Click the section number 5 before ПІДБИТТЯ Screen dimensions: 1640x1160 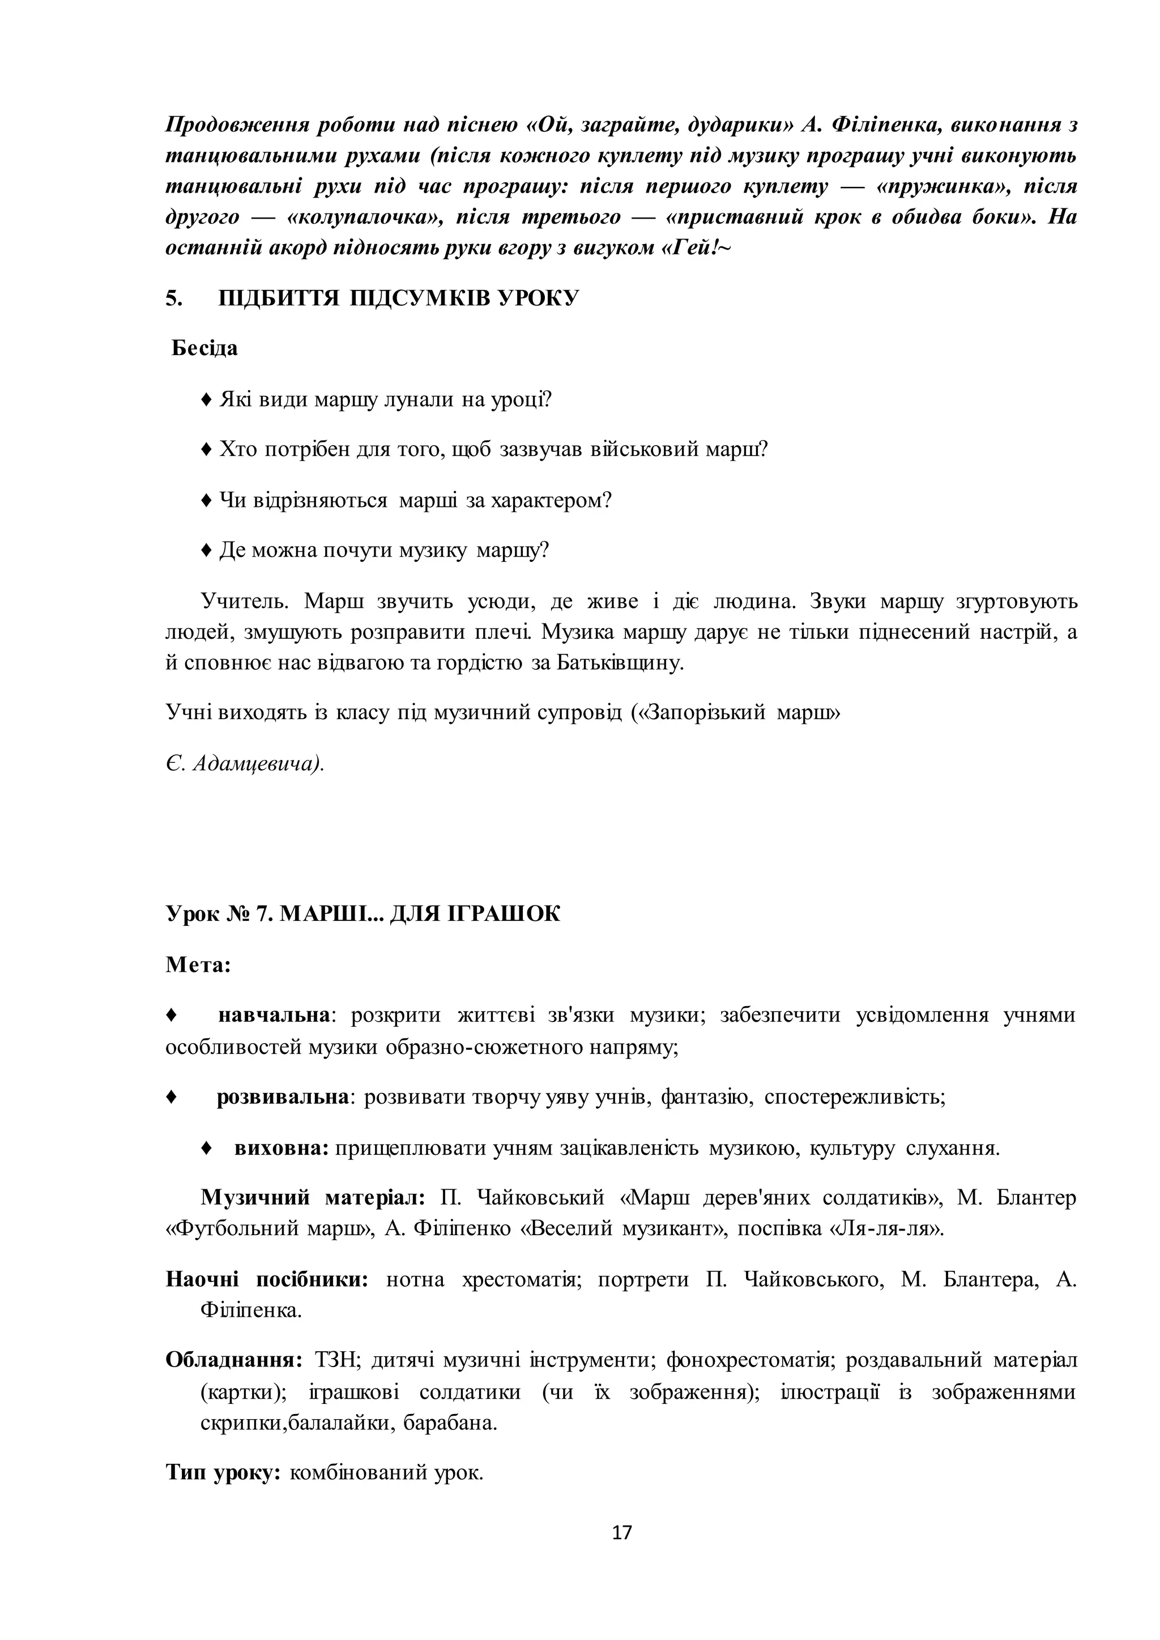(173, 298)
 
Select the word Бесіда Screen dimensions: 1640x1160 (205, 349)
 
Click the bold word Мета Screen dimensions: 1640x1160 (198, 965)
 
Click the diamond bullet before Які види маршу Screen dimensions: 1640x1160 (206, 399)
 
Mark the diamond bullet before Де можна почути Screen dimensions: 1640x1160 (206, 550)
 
